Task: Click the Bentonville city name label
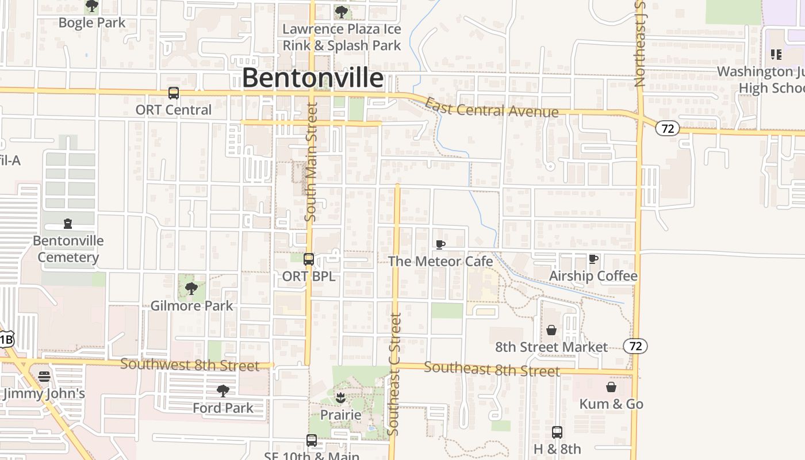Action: coord(312,78)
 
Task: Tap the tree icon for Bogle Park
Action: coord(92,6)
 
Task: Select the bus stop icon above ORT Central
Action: coord(173,93)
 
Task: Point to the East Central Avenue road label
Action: coord(491,108)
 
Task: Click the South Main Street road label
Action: coord(310,162)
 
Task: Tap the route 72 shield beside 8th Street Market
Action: coord(635,346)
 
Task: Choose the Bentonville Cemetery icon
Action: coord(68,224)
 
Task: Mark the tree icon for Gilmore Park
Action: coord(191,289)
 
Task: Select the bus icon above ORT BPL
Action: coord(309,259)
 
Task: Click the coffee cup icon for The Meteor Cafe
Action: coord(440,245)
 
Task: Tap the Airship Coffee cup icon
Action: coord(593,259)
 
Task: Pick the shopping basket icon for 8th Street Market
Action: coord(551,330)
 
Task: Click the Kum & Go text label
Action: coord(611,404)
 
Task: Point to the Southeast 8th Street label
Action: coord(492,369)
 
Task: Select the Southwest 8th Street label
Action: coord(190,365)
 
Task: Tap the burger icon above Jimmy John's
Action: coord(44,377)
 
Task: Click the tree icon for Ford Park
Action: coord(223,391)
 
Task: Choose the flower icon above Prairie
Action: coord(340,398)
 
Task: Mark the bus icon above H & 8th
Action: coord(557,432)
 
